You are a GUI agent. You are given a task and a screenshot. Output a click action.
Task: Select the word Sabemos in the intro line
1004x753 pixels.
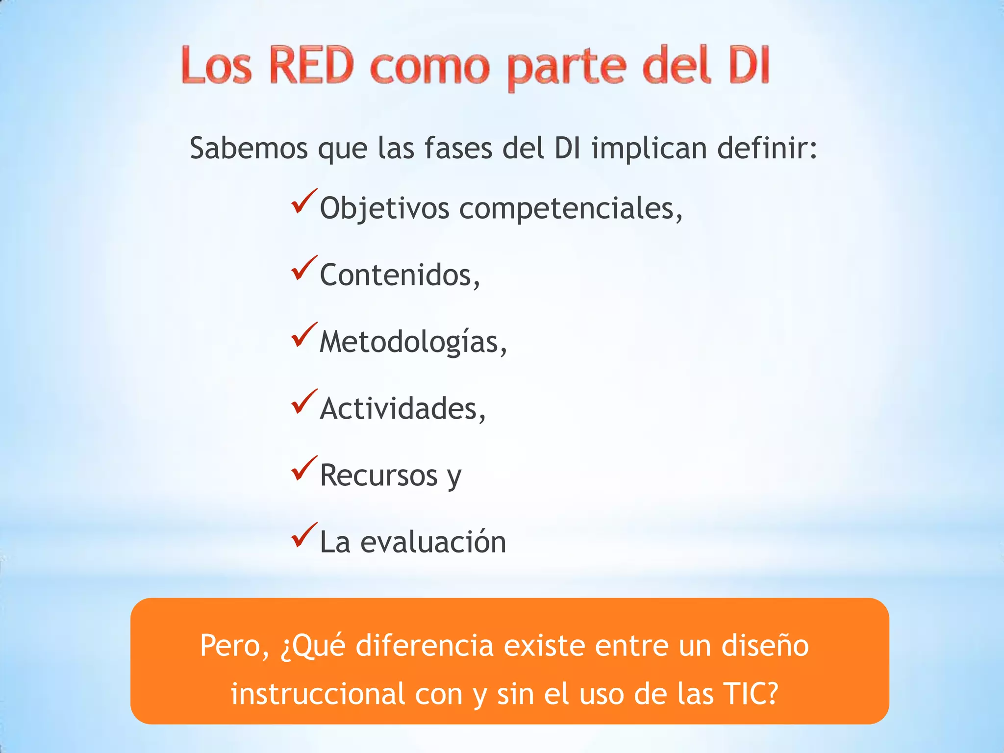coord(249,148)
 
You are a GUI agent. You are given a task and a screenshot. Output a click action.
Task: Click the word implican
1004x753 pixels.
coord(649,148)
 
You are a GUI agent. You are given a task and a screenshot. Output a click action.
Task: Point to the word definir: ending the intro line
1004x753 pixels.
coord(767,148)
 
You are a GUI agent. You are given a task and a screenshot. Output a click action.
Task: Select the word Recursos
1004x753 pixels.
coord(378,475)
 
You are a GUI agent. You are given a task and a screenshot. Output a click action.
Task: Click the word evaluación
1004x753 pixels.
coord(433,542)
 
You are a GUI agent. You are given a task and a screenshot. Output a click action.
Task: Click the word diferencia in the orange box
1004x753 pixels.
coord(425,646)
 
